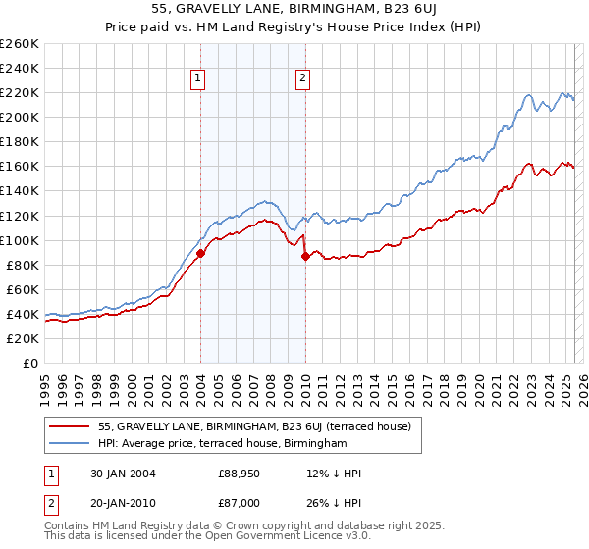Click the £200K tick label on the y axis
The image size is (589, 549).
pos(19,117)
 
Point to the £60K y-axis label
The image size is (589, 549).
pos(22,289)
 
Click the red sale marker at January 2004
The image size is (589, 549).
pos(200,253)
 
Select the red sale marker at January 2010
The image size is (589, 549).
pos(305,256)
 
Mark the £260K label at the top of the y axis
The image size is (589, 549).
pos(19,43)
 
